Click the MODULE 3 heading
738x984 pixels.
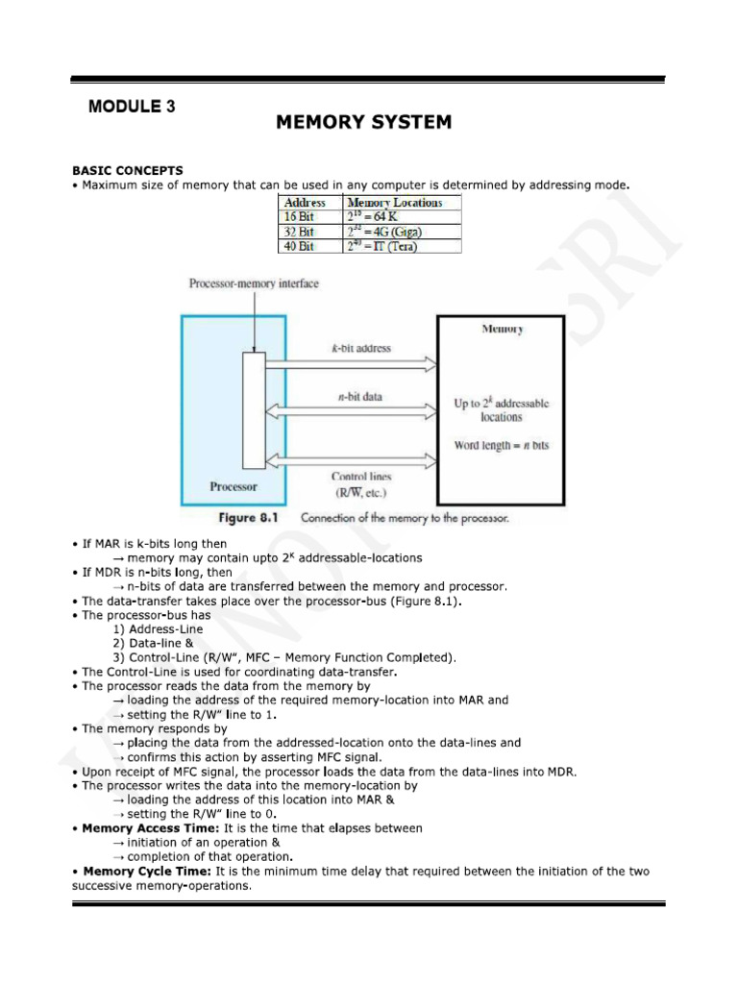click(132, 107)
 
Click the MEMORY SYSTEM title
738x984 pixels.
click(363, 122)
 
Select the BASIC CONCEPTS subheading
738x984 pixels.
click(127, 170)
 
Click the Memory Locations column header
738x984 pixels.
click(394, 203)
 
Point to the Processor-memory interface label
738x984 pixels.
click(254, 283)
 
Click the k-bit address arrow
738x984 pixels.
click(351, 365)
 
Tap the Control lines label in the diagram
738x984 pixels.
click(361, 477)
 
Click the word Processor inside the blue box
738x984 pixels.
click(234, 486)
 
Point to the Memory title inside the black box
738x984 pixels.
click(502, 329)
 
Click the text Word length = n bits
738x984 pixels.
click(502, 446)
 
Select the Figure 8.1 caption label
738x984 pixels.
click(249, 518)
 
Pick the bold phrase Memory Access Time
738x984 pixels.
click(140, 828)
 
